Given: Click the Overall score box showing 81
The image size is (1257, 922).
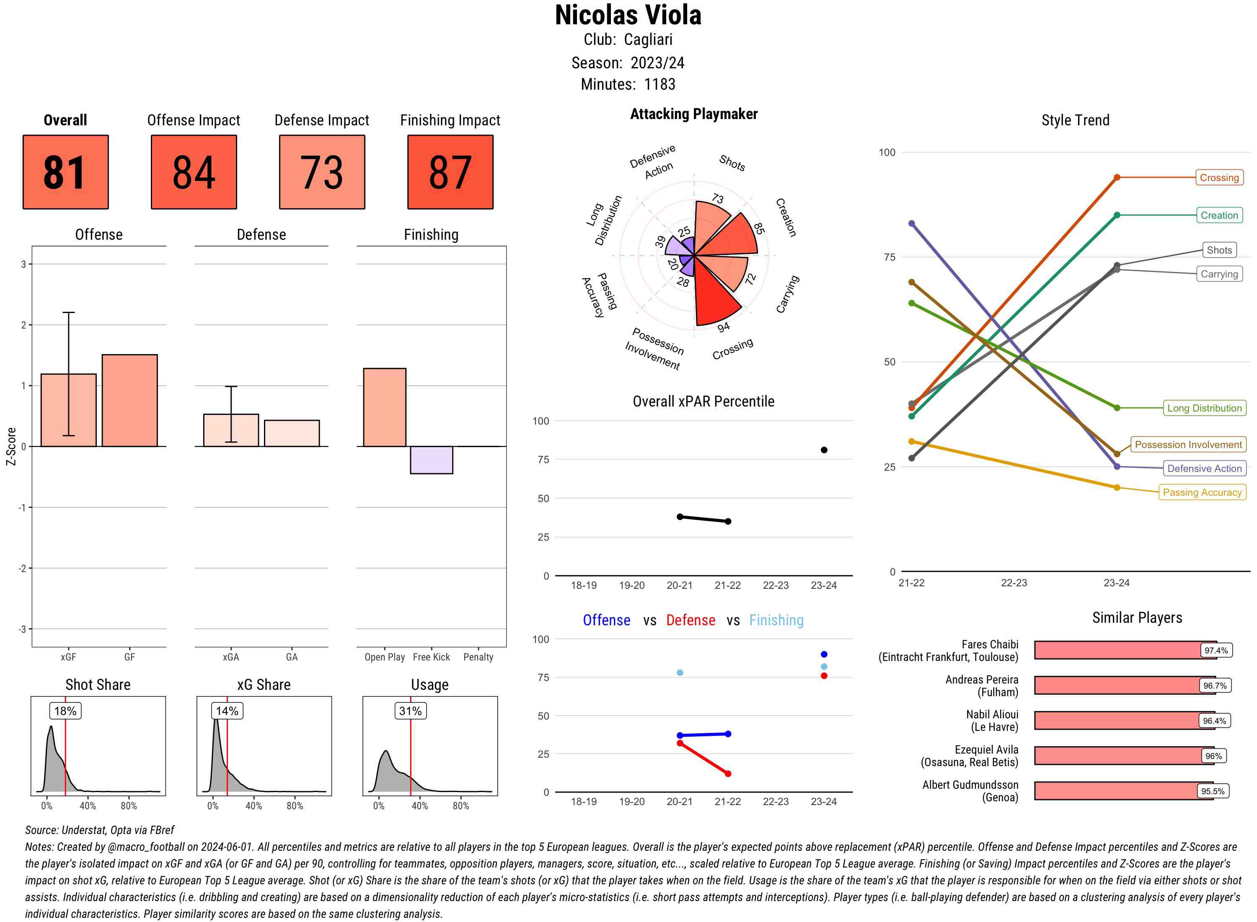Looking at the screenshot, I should pyautogui.click(x=65, y=172).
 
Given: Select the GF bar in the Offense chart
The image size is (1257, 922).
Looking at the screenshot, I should pyautogui.click(x=129, y=400).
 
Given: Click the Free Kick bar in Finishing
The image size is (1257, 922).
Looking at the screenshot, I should pyautogui.click(x=431, y=460).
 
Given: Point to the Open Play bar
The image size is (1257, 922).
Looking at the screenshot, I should pyautogui.click(x=384, y=407).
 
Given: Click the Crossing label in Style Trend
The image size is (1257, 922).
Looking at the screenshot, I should pyautogui.click(x=1218, y=177).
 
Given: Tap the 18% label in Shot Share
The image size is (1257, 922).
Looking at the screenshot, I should pyautogui.click(x=65, y=711).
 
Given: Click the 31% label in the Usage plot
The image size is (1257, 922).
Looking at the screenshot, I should pyautogui.click(x=410, y=711).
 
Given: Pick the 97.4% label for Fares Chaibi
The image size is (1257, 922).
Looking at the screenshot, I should pyautogui.click(x=1215, y=650).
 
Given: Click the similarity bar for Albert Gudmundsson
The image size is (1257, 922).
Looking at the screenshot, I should pyautogui.click(x=1123, y=791).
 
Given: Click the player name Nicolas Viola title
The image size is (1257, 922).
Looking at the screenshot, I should pyautogui.click(x=628, y=16).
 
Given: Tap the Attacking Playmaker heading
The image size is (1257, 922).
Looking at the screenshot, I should pyautogui.click(x=693, y=114).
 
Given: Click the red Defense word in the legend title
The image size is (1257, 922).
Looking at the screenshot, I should pyautogui.click(x=690, y=620).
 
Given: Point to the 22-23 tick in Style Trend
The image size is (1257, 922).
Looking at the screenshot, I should pyautogui.click(x=1013, y=583).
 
